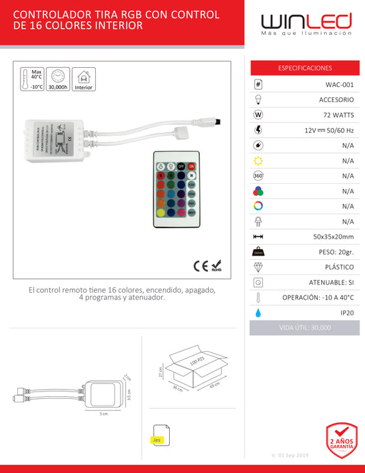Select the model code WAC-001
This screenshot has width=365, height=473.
click(340, 84)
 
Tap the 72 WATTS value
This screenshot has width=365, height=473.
click(338, 114)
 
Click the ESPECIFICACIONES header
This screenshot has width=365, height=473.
click(305, 68)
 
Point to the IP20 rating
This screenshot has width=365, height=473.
click(347, 312)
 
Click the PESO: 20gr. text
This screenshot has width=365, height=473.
click(333, 252)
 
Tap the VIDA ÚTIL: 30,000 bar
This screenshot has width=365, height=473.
click(305, 328)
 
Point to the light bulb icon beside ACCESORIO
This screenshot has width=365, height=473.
click(258, 99)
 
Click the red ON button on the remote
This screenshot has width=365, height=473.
click(191, 166)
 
